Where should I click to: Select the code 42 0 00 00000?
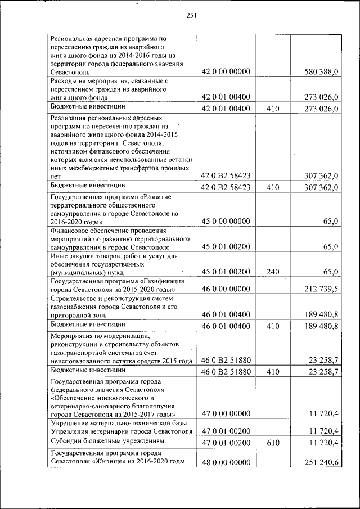(x=226, y=72)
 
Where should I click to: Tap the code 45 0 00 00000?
(x=226, y=222)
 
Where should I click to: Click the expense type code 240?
(x=273, y=272)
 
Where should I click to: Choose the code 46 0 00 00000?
(x=226, y=289)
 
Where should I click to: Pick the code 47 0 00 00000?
(x=226, y=413)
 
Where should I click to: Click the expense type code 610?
(x=273, y=443)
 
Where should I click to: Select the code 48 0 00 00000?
(x=226, y=462)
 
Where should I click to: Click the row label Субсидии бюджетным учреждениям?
(x=107, y=441)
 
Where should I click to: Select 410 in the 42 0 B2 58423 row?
(x=273, y=187)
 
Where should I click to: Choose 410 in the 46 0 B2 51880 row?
(x=273, y=372)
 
